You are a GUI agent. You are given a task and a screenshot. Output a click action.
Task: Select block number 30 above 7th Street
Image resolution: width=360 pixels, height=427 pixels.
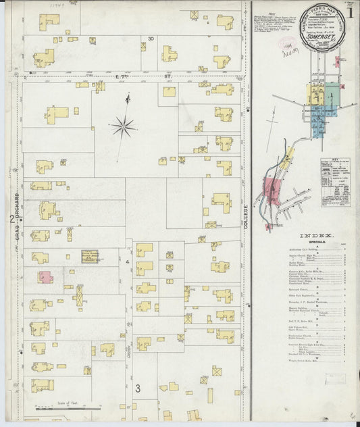[151, 39]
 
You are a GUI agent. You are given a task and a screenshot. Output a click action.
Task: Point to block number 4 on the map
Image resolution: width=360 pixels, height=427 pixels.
[128, 260]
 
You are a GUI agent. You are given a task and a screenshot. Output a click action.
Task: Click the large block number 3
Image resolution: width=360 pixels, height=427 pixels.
[137, 388]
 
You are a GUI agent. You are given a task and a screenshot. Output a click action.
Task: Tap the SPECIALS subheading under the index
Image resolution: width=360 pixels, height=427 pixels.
[313, 241]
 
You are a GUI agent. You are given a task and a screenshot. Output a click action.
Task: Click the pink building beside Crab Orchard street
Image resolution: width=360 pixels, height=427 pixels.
[45, 276]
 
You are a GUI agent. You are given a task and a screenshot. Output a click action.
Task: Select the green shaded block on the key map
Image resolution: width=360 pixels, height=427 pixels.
[332, 93]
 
